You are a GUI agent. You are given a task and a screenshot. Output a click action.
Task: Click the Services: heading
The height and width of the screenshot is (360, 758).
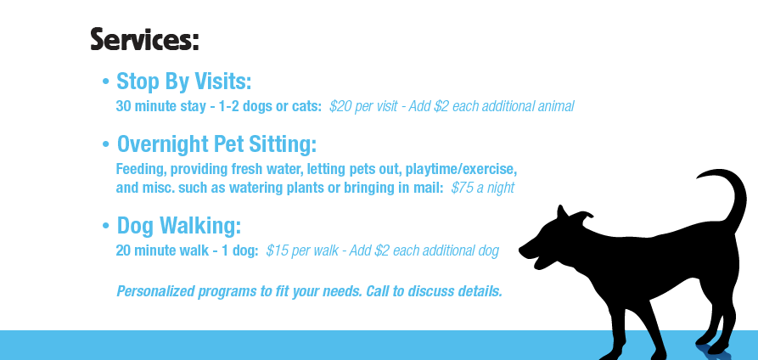click(144, 39)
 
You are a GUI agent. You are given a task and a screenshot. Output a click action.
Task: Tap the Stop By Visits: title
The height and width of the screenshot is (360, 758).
click(183, 82)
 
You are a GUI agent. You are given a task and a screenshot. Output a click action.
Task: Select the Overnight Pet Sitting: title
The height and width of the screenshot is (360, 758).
click(216, 144)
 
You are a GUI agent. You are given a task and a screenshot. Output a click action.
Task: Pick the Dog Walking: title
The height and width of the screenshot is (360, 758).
click(179, 226)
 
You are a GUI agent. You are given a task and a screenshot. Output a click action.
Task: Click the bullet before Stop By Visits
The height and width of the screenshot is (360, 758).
click(106, 82)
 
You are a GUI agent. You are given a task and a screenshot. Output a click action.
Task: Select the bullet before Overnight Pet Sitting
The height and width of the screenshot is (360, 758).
click(106, 144)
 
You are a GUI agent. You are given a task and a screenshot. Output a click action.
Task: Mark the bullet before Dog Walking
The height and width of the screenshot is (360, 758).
click(106, 226)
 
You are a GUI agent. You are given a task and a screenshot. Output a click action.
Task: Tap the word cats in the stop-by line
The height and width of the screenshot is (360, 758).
click(306, 106)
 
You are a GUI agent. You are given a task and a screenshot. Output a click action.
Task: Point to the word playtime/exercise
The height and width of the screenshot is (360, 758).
click(461, 169)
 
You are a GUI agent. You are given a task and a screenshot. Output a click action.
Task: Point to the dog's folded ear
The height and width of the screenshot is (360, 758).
click(584, 217)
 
